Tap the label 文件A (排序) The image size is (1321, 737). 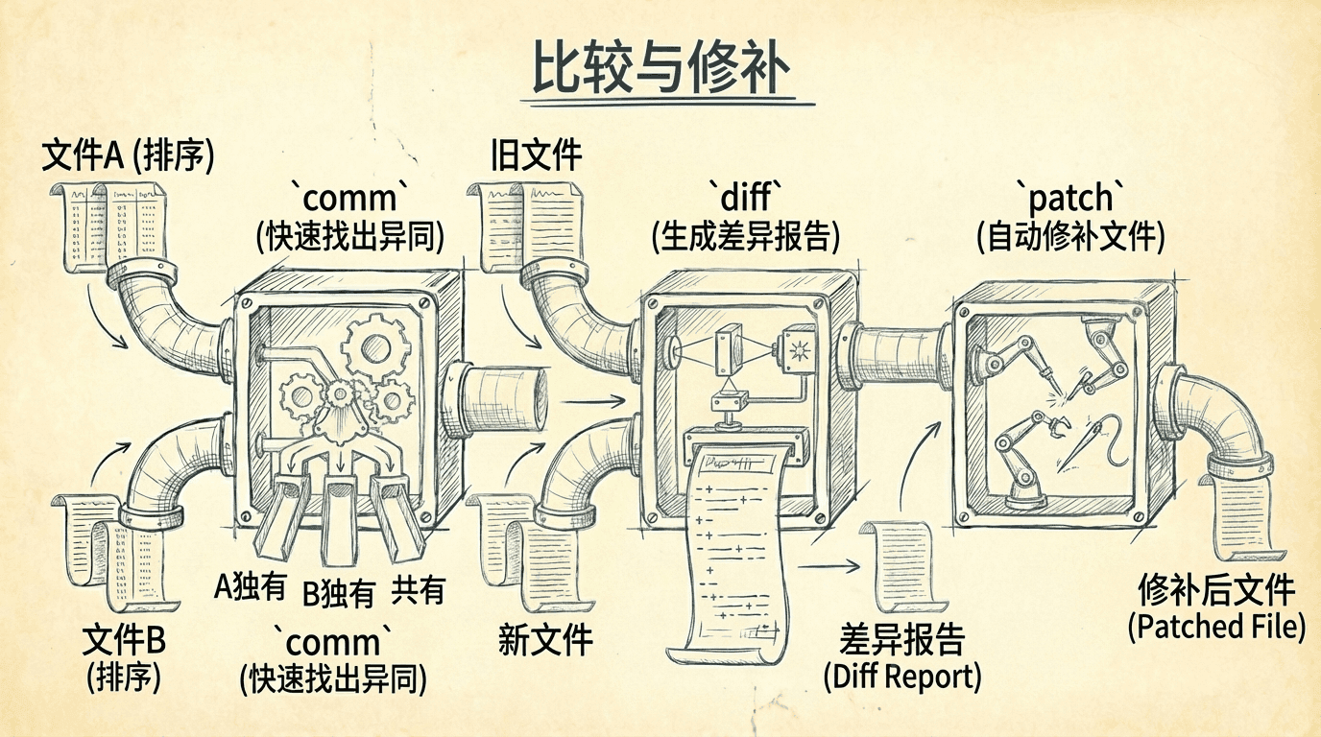tap(128, 155)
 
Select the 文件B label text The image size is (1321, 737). tap(125, 639)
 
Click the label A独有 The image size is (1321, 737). tap(250, 585)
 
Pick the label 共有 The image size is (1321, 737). tap(418, 590)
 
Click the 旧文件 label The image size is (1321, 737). tap(537, 155)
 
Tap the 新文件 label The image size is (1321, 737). tap(545, 639)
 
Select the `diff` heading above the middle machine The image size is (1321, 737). tap(744, 197)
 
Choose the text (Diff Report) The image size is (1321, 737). tap(902, 677)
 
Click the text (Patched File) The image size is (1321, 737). tap(1216, 627)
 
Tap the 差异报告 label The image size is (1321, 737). tap(901, 639)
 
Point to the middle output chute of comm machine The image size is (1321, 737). tap(338, 519)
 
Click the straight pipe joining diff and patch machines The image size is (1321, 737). tap(899, 356)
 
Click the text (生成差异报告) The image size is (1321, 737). tap(744, 235)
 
